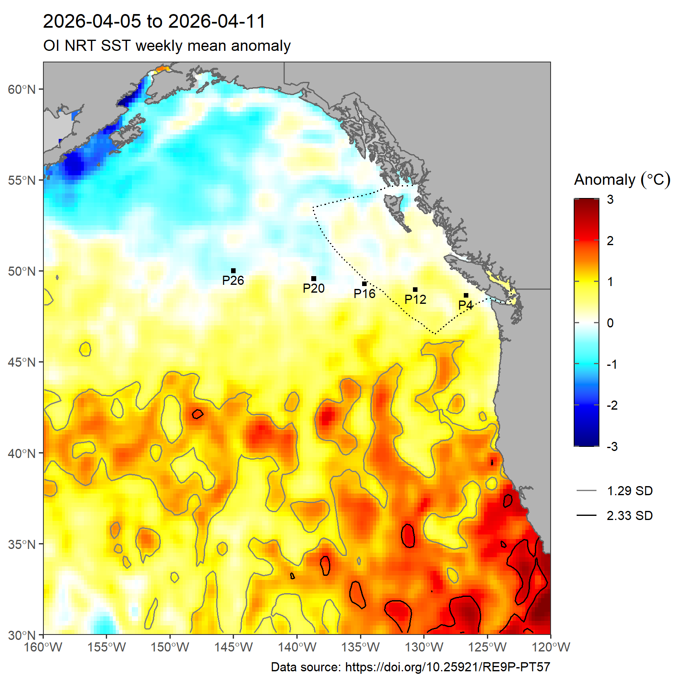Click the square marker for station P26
233,271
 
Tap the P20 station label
314,288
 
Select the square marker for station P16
365,284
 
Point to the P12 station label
415,299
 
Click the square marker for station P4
466,295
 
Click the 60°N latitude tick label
21,89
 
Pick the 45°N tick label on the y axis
21,362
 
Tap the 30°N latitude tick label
21,635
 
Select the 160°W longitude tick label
43,647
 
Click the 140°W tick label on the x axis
297,647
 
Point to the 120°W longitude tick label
551,647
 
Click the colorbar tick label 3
610,199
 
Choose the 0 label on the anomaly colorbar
610,323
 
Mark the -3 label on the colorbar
612,446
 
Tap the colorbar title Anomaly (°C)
622,180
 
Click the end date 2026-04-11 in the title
217,21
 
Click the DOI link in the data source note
448,667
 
